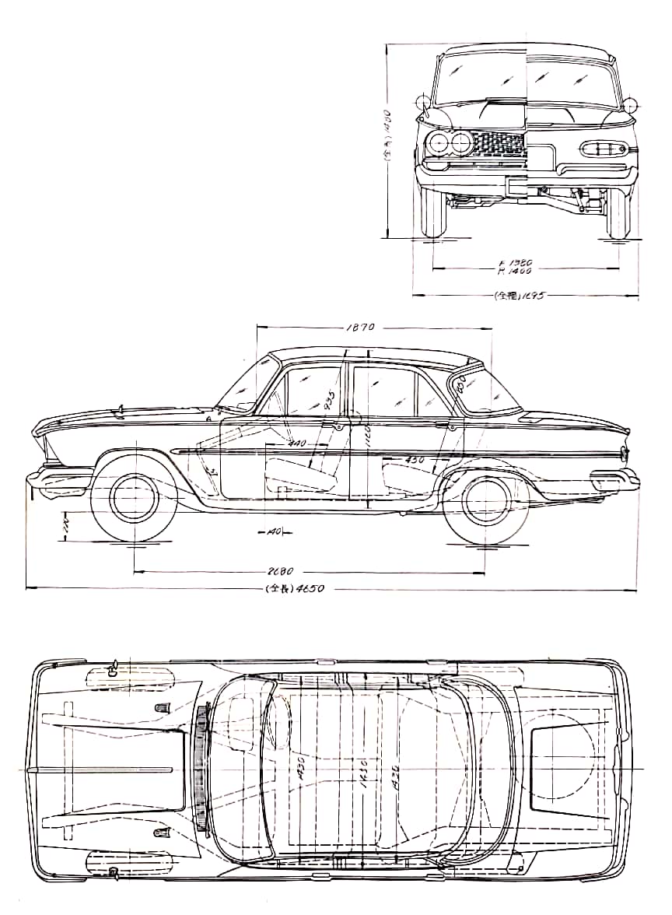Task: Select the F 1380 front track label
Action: (515, 262)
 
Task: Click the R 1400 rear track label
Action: (515, 272)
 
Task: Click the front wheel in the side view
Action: (135, 498)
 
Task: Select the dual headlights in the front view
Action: (450, 143)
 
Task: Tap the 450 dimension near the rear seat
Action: (415, 461)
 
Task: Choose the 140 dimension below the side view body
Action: (272, 532)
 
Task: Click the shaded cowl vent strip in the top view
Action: (204, 766)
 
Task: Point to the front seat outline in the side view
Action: (303, 472)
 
